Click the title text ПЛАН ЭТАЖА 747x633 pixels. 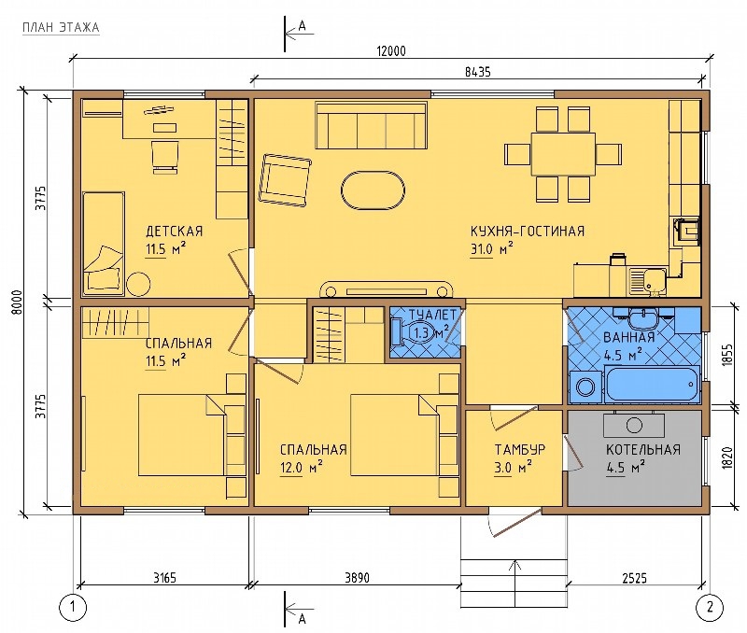(x=61, y=28)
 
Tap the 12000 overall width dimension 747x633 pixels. (x=391, y=51)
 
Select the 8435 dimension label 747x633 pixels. (x=477, y=72)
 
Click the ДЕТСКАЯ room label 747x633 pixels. (x=174, y=232)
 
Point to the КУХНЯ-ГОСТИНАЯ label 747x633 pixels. (x=528, y=232)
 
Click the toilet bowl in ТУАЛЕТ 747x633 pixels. (x=404, y=331)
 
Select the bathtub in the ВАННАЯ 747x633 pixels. (x=652, y=384)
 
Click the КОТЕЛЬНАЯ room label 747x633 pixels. (x=643, y=450)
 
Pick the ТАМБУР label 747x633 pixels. (x=520, y=450)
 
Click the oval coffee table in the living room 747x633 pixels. (x=373, y=190)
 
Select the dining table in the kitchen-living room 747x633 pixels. (x=563, y=154)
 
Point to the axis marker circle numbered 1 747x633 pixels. (x=74, y=607)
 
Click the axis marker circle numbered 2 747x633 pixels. (x=710, y=607)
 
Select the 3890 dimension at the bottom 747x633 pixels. (x=357, y=578)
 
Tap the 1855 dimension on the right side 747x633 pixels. (x=726, y=355)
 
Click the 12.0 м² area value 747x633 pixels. (x=302, y=468)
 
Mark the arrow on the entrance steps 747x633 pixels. (x=514, y=575)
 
